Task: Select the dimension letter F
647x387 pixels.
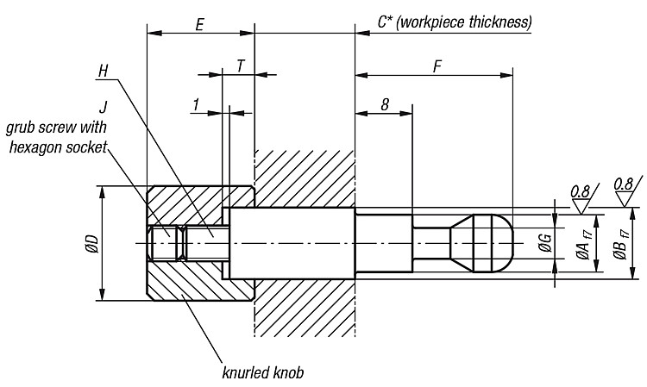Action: pos(437,66)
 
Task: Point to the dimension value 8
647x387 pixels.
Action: pos(385,104)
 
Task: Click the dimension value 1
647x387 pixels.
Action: pos(197,104)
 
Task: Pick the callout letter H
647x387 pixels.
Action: pos(104,71)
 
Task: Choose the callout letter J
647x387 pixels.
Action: pos(104,108)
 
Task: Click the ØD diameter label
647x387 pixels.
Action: pos(91,243)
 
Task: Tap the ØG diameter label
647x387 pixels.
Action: pos(545,243)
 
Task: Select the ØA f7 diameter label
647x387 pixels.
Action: pos(585,244)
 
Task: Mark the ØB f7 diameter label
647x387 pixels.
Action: pos(622,244)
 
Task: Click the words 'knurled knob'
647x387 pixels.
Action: pos(263,372)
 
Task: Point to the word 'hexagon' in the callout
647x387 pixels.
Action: pos(38,147)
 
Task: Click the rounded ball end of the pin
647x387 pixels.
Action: pos(493,243)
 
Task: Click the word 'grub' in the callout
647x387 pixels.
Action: pos(22,128)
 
